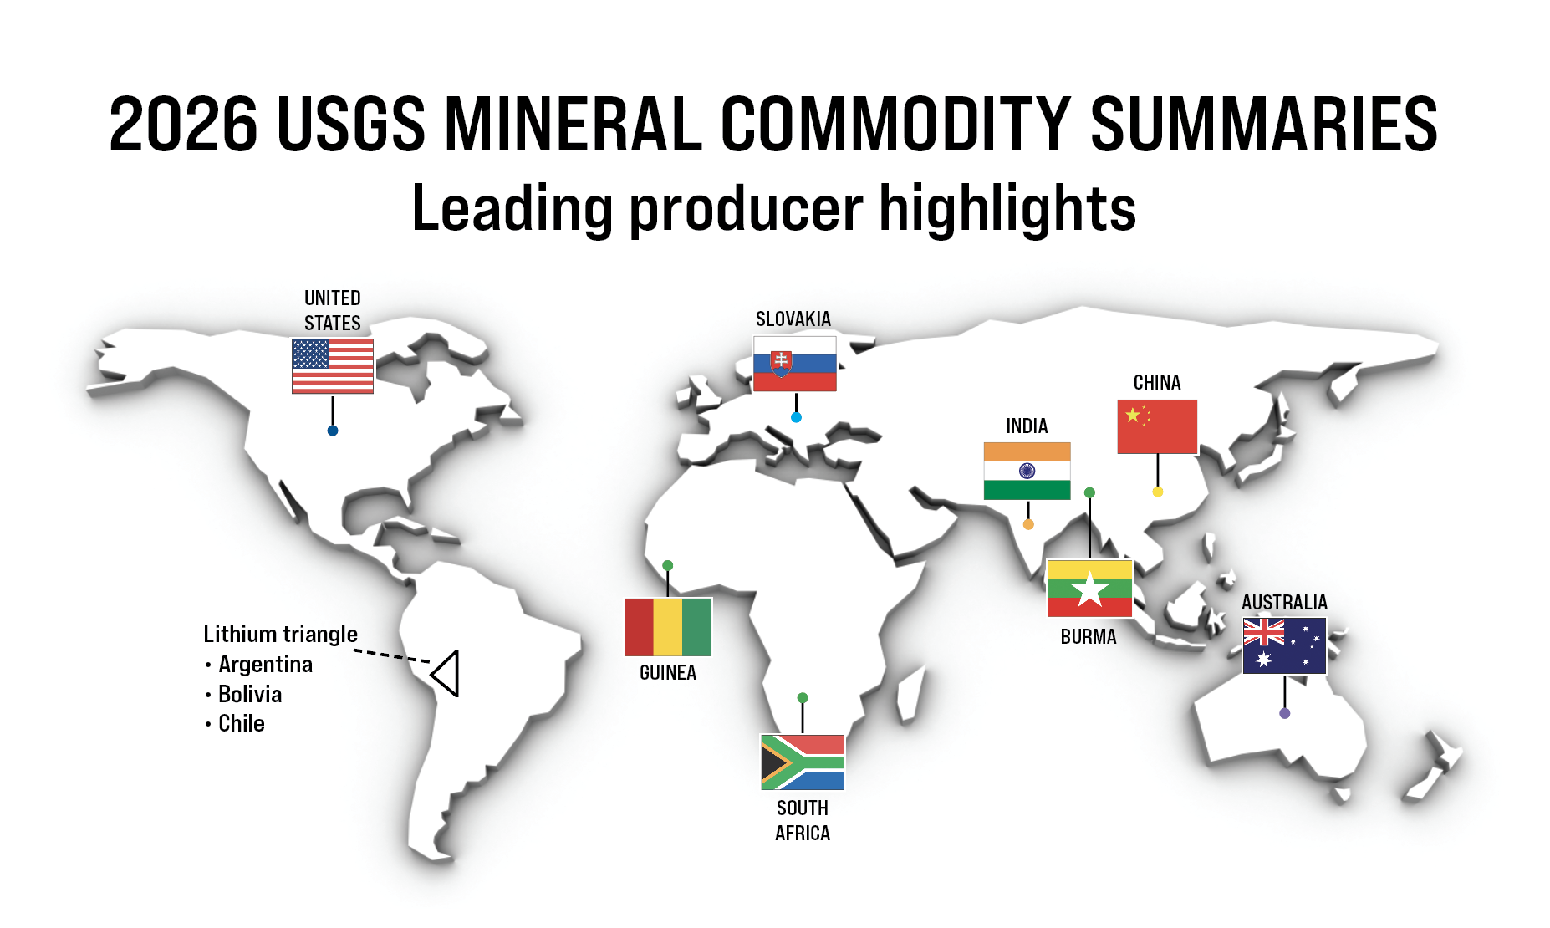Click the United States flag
pos(333,365)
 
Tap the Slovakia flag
pos(794,364)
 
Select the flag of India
pos(1027,472)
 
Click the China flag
pos(1157,426)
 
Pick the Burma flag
pos(1089,589)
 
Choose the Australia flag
pos(1284,646)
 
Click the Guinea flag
pos(668,627)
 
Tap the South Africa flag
pos(802,762)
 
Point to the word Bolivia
pos(250,694)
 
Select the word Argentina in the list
pos(266,664)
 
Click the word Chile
pos(242,723)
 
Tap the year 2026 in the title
pos(183,124)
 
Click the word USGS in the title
pos(351,124)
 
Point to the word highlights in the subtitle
pos(1007,209)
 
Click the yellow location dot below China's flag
pos(1158,492)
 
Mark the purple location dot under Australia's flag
pos(1285,713)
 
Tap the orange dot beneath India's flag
pos(1028,524)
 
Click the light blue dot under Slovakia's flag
pos(796,417)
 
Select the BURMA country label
pos(1089,637)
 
